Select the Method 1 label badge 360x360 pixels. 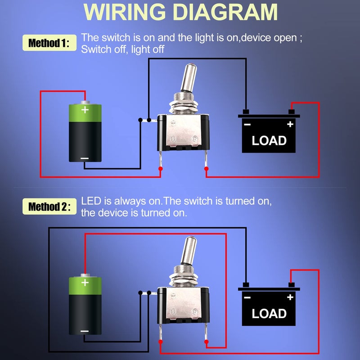click(49, 43)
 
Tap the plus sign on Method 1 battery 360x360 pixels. click(85, 109)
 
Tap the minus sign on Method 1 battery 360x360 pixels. click(85, 158)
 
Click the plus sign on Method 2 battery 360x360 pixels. click(85, 283)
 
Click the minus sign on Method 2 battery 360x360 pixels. click(85, 331)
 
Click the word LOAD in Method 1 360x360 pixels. click(269, 140)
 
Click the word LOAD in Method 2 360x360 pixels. click(269, 313)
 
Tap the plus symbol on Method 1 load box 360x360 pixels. click(290, 124)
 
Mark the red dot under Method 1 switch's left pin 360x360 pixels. click(160, 169)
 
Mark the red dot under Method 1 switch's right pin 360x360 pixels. click(207, 169)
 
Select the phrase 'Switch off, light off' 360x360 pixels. click(122, 49)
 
